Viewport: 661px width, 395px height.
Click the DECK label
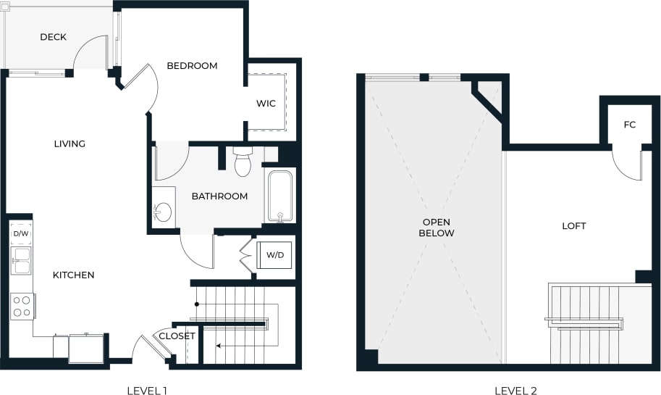[53, 37]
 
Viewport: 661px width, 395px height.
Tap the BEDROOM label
[192, 66]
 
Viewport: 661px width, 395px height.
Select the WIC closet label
[266, 104]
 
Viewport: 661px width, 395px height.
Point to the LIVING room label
[70, 144]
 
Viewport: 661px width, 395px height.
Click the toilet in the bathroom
[242, 162]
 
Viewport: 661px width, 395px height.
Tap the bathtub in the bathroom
[279, 196]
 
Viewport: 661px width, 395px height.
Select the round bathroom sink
[164, 212]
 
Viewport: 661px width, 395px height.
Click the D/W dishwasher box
[20, 233]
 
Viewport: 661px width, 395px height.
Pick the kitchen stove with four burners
[22, 306]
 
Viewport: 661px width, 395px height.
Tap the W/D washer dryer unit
[274, 255]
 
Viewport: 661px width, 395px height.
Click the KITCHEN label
[73, 275]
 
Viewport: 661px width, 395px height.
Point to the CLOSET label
[177, 336]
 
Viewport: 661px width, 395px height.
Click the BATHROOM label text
[219, 196]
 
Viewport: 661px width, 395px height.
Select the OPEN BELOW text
[437, 228]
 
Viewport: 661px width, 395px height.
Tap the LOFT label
[573, 226]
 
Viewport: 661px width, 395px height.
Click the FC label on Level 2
[629, 125]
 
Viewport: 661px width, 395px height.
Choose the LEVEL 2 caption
[515, 391]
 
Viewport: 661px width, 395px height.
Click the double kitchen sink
[21, 261]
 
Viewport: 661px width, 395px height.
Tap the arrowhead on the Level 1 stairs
[219, 346]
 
